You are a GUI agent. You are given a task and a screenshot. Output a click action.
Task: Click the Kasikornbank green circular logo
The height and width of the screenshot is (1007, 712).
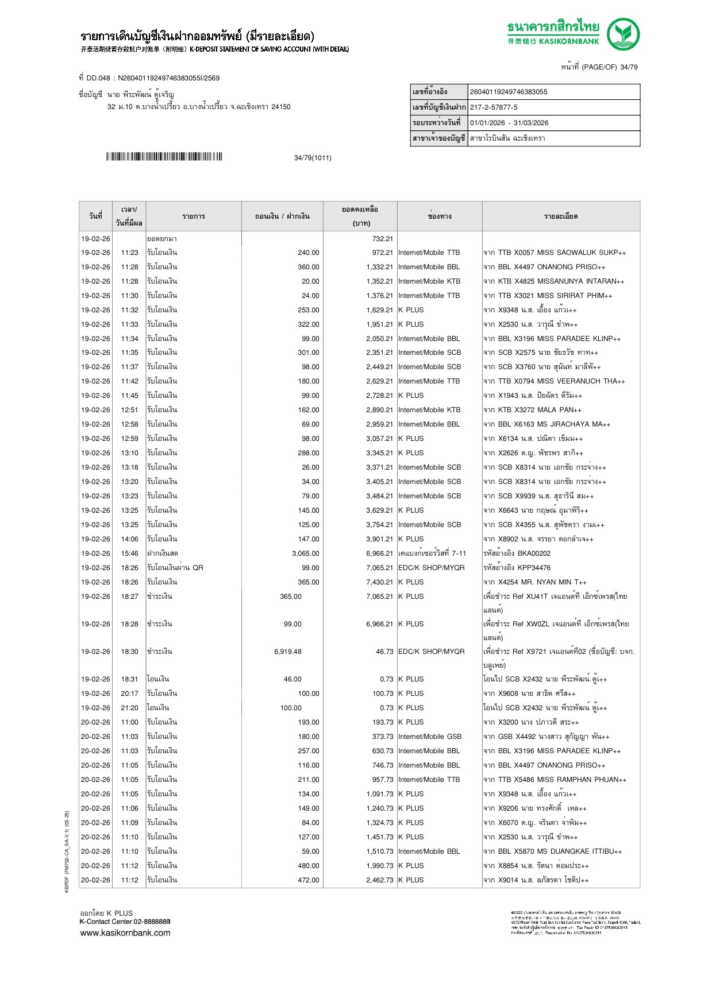[623, 34]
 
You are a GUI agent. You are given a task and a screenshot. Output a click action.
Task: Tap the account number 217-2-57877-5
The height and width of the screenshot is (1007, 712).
[494, 107]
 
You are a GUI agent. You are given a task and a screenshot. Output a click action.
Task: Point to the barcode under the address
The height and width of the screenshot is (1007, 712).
[164, 157]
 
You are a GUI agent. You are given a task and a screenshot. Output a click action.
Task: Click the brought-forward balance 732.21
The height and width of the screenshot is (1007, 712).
[383, 239]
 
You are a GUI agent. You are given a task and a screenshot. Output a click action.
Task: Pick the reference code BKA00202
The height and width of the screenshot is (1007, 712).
[534, 553]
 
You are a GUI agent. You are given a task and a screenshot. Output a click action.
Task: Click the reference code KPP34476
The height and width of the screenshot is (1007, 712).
[534, 568]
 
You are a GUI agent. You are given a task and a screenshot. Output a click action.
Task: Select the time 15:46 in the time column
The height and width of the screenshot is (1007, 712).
[129, 553]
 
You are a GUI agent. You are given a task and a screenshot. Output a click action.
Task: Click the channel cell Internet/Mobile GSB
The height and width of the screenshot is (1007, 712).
[430, 737]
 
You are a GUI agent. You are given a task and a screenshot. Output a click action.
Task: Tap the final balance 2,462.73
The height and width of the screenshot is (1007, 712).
[380, 880]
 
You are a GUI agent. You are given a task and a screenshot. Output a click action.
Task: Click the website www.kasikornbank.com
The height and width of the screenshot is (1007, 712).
[125, 933]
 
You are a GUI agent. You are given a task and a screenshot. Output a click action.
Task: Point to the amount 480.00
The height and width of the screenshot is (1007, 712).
[309, 866]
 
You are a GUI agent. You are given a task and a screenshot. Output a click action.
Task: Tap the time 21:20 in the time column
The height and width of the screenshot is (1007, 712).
[129, 708]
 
